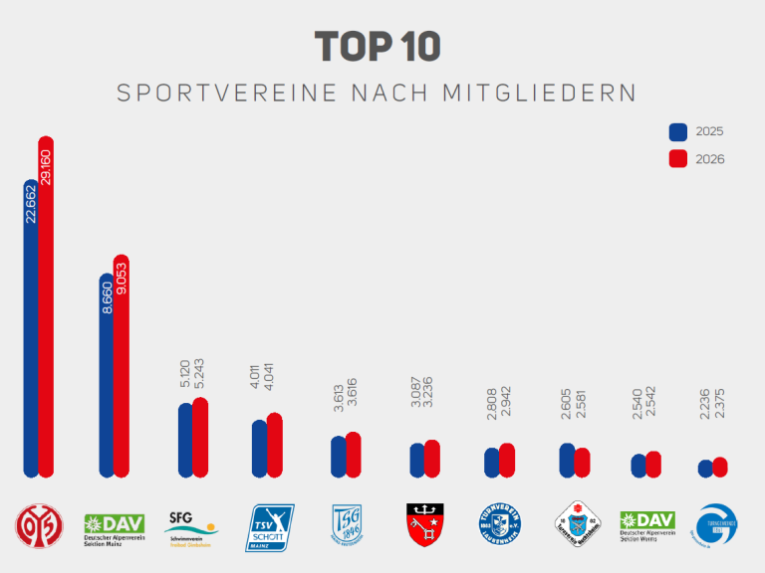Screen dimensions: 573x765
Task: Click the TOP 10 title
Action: (378, 47)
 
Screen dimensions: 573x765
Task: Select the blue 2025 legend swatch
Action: (678, 131)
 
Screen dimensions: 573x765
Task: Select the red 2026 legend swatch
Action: (678, 159)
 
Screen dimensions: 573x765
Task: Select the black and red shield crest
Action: (425, 523)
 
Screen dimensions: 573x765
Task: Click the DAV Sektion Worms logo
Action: (647, 524)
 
